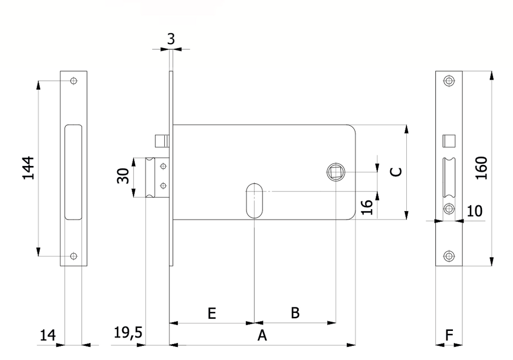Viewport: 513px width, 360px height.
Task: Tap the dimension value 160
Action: pyautogui.click(x=481, y=168)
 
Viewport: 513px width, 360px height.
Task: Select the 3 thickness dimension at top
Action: pyautogui.click(x=171, y=39)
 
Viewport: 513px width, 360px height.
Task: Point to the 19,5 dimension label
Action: pyautogui.click(x=128, y=332)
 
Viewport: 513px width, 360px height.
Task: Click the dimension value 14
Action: pyautogui.click(x=48, y=335)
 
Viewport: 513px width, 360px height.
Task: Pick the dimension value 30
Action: pyautogui.click(x=123, y=176)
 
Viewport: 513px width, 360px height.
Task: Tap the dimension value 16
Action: pyautogui.click(x=367, y=207)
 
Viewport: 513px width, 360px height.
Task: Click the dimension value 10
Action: pyautogui.click(x=474, y=211)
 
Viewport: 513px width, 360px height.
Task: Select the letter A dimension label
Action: pyautogui.click(x=262, y=335)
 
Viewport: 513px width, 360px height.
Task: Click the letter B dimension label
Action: pyautogui.click(x=295, y=313)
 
